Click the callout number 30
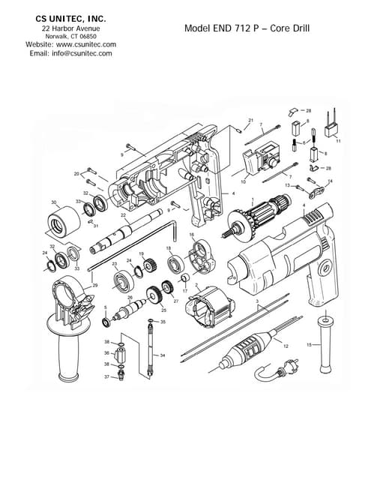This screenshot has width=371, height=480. (x=53, y=202)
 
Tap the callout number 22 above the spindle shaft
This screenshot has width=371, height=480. (x=123, y=215)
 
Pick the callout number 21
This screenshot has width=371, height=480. (x=251, y=120)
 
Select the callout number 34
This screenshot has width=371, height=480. (x=163, y=355)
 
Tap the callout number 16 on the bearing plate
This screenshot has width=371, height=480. (x=191, y=235)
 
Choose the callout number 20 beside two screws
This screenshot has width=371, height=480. (x=76, y=173)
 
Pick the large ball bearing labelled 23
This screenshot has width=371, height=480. (x=123, y=283)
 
